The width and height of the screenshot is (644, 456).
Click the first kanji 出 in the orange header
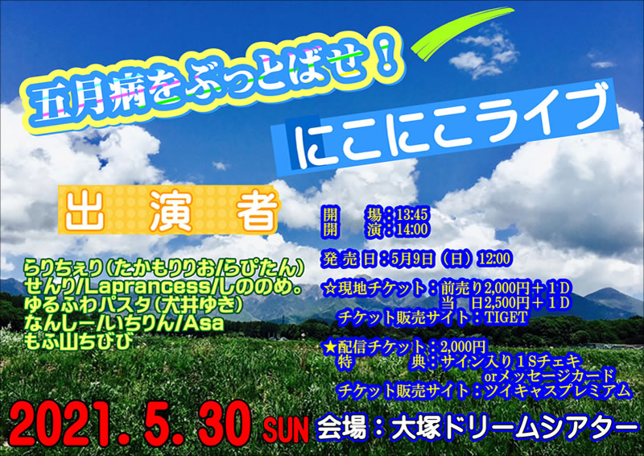[x=84, y=211]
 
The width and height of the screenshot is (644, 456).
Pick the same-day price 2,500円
[x=506, y=303]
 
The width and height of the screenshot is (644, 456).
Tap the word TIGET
[x=506, y=317]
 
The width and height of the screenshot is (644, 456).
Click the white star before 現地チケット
[x=330, y=288]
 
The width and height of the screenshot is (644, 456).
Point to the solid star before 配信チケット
[x=330, y=348]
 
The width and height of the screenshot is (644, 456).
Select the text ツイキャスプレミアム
[x=557, y=390]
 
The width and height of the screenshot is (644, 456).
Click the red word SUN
[x=286, y=430]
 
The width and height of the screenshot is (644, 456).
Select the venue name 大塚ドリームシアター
[x=512, y=429]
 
